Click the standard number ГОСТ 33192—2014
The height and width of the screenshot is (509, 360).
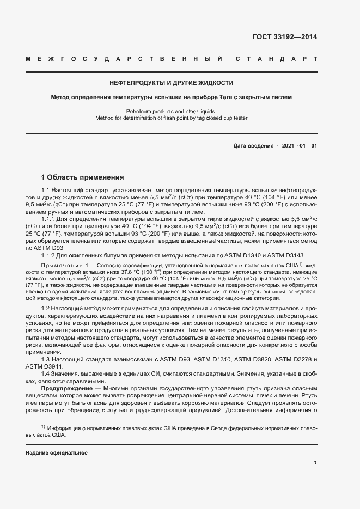tap(284, 38)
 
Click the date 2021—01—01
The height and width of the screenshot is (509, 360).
tap(298, 146)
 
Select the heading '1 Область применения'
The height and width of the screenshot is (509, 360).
tap(83, 177)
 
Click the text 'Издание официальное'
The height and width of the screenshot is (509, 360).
tap(57, 453)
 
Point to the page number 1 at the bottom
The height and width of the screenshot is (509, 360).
tap(315, 463)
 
